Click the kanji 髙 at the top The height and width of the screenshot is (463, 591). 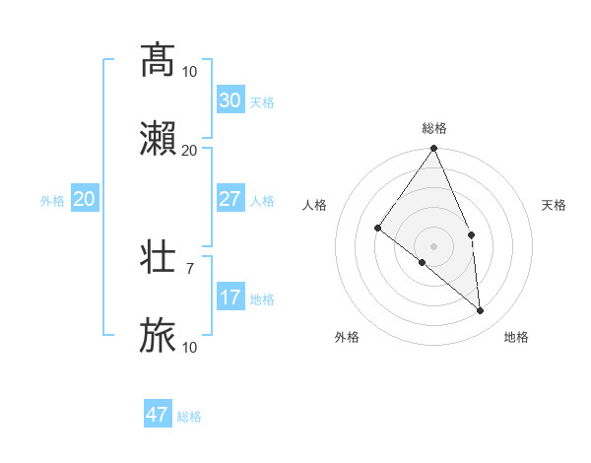tap(159, 61)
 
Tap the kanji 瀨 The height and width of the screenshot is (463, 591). tap(159, 140)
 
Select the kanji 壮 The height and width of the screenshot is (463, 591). tap(159, 257)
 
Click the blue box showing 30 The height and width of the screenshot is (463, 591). tap(230, 100)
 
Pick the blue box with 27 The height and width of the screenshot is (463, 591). tap(230, 199)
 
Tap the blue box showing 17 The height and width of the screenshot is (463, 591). tap(230, 298)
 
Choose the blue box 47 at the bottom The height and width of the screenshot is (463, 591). tap(158, 415)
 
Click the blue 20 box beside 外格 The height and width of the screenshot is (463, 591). tap(85, 199)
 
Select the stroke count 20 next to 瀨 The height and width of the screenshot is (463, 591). tap(190, 150)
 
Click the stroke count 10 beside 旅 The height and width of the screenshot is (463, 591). tap(190, 347)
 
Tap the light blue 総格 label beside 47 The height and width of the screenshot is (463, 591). tap(189, 417)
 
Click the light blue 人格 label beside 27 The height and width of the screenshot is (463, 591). tap(262, 201)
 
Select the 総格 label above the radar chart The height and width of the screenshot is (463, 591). tap(434, 128)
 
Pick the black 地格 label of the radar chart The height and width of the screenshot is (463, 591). tap(516, 337)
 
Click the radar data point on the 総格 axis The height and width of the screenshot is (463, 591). tap(434, 149)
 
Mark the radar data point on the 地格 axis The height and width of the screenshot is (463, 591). tap(481, 310)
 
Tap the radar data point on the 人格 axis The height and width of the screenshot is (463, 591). tap(377, 228)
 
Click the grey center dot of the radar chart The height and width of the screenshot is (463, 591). tap(434, 245)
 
